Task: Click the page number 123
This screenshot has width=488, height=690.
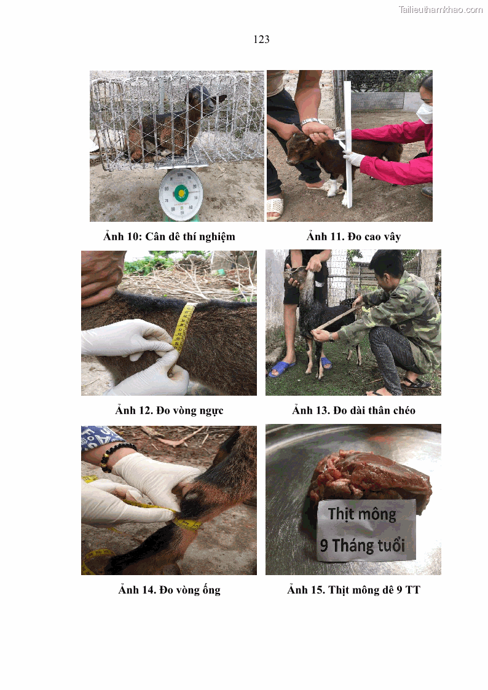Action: click(261, 39)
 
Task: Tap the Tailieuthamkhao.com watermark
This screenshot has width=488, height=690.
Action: click(440, 9)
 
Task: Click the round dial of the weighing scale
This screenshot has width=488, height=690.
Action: click(180, 194)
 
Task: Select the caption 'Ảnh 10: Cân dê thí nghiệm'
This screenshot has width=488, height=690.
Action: click(169, 237)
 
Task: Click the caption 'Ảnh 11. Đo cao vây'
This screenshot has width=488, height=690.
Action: click(353, 237)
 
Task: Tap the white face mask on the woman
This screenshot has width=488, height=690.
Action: click(424, 113)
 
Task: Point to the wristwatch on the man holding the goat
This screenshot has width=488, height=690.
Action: click(310, 122)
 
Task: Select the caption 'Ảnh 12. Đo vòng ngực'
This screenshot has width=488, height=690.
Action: click(169, 410)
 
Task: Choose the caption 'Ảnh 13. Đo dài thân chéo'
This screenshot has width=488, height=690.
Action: click(353, 410)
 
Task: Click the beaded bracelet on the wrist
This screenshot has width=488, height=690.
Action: click(116, 455)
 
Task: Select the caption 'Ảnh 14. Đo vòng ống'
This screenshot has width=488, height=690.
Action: click(169, 590)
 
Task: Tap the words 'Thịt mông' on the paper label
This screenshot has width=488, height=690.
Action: click(362, 514)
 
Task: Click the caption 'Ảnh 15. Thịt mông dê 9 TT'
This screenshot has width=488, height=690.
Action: click(353, 590)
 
